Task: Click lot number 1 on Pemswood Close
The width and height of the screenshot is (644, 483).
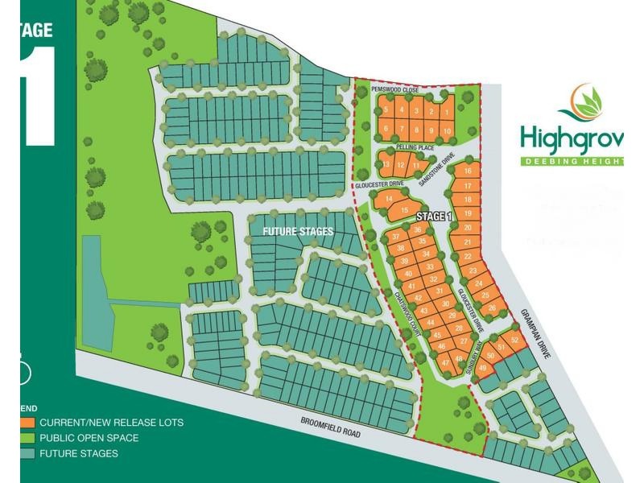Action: point(447,111)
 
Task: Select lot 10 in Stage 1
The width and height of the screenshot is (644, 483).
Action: point(447,130)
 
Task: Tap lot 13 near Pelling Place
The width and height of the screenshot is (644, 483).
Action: point(387,165)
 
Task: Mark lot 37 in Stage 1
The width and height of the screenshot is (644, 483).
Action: point(396,237)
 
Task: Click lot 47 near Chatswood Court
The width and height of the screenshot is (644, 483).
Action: point(445,363)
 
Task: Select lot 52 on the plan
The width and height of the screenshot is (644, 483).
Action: point(514,340)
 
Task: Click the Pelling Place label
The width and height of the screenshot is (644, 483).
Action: point(415,148)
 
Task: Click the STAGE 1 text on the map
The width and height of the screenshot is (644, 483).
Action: point(435,217)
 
